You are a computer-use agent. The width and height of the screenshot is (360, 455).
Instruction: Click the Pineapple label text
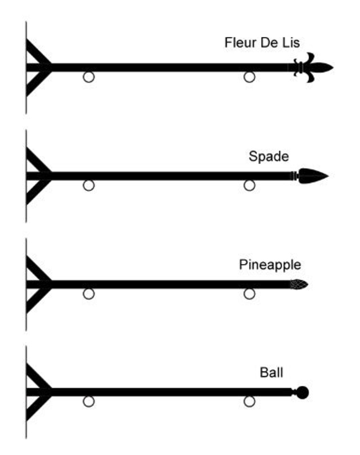tap(270, 265)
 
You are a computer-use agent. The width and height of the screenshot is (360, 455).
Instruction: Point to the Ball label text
tap(271, 372)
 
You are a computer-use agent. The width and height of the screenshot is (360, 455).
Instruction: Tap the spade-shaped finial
tap(313, 176)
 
